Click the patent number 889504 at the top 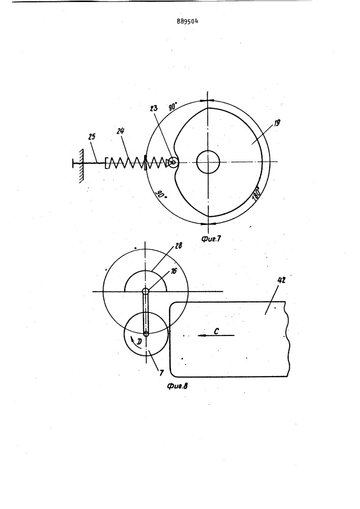(187, 22)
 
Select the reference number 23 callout (154, 108)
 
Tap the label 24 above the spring (121, 131)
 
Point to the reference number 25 (92, 136)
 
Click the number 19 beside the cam (277, 123)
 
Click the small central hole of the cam (208, 162)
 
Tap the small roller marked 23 (174, 162)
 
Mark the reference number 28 (178, 245)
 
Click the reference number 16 (174, 271)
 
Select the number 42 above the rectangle (282, 280)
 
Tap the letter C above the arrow (216, 331)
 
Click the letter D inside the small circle (139, 341)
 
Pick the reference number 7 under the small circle (161, 373)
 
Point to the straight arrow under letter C (216, 335)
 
